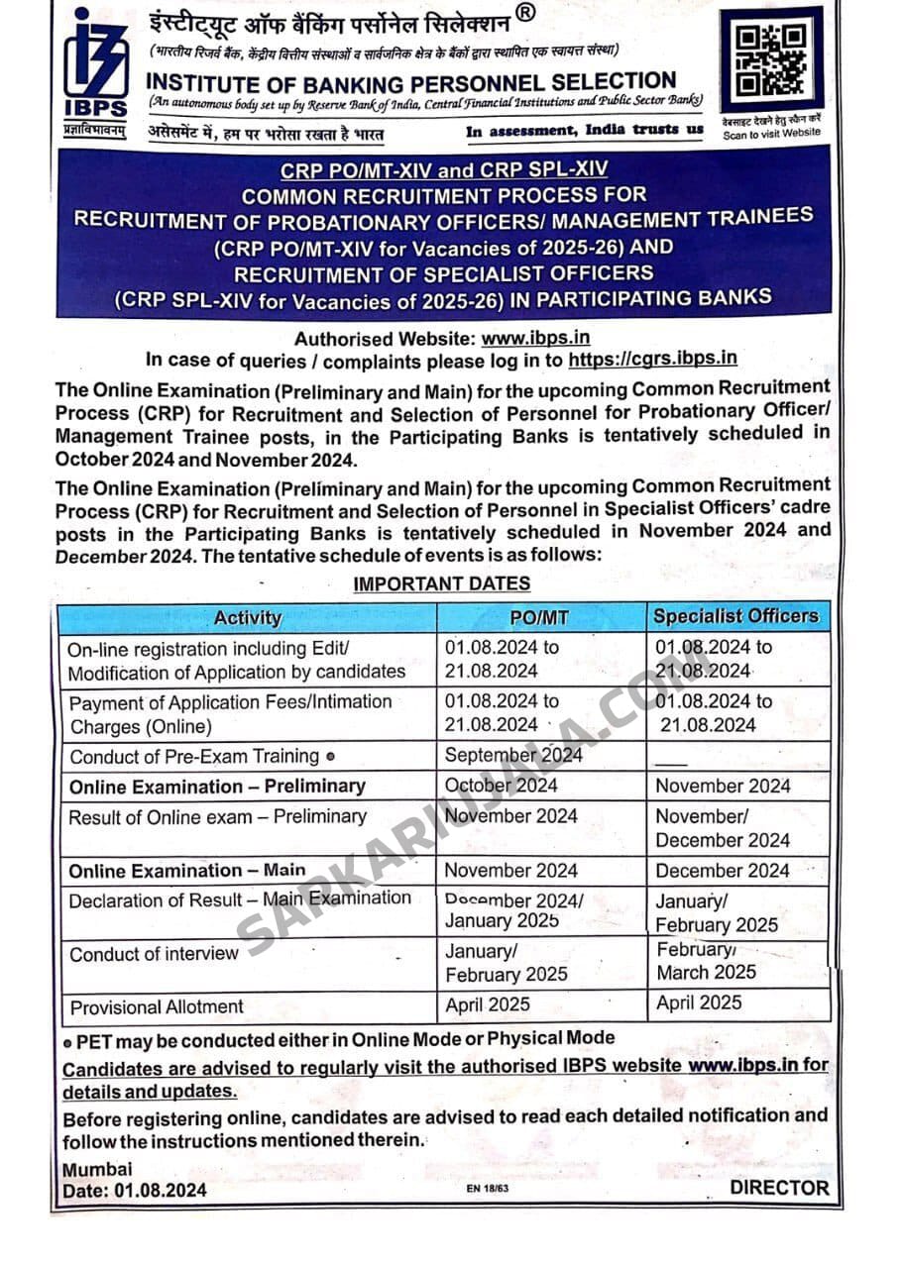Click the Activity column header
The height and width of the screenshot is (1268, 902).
(248, 618)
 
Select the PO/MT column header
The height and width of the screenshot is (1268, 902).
(539, 618)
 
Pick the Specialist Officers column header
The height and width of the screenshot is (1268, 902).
(736, 616)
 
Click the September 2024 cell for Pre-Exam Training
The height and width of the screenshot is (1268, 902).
(513, 755)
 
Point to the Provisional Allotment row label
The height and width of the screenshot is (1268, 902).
(157, 1006)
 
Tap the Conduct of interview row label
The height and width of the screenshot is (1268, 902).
(154, 954)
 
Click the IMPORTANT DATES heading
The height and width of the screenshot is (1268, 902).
(441, 584)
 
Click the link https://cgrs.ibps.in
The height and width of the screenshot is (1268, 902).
(653, 360)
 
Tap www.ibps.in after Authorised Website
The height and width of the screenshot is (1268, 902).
(536, 339)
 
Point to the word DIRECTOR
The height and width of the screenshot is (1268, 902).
(779, 1188)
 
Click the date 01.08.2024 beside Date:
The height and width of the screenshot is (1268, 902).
(160, 1190)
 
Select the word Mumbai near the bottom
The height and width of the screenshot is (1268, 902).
(97, 1169)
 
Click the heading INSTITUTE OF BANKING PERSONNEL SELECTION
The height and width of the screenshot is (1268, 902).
(411, 82)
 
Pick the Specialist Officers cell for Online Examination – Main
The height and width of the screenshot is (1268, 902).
(723, 871)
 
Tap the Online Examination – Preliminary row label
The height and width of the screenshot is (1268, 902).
(217, 787)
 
